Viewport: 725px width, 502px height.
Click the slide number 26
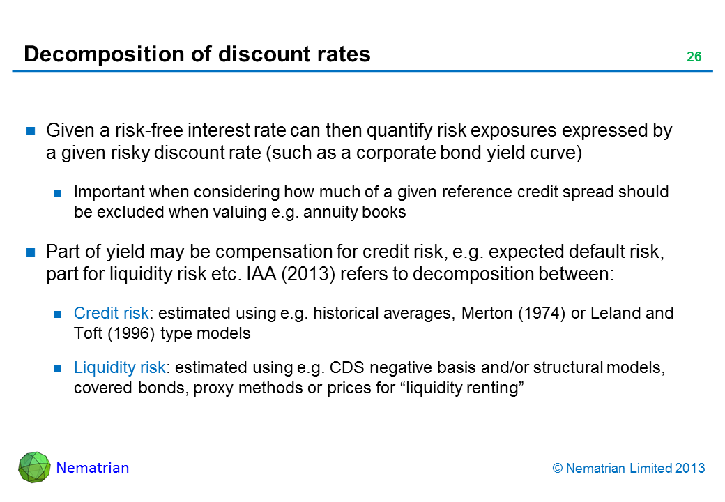[x=694, y=57]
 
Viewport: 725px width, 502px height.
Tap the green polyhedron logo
[x=34, y=467]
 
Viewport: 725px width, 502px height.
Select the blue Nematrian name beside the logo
[x=93, y=468]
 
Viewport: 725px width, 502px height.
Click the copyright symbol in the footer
[x=558, y=469]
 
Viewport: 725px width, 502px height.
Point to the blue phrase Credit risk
[x=112, y=314]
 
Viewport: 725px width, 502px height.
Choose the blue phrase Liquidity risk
[x=120, y=367]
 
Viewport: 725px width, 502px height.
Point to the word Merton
[x=487, y=314]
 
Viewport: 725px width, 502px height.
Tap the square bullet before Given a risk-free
[x=31, y=131]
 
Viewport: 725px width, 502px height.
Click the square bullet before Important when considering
[x=57, y=192]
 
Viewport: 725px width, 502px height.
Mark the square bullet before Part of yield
[x=31, y=252]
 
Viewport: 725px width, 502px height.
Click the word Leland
[x=616, y=314]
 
